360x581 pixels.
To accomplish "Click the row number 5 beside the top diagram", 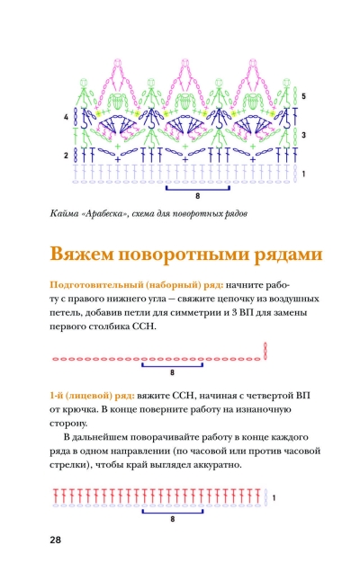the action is click(x=303, y=96).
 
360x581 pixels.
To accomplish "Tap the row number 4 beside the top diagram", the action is click(x=66, y=117).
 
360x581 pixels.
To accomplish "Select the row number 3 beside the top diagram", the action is click(x=303, y=135).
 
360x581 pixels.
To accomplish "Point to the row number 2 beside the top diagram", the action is click(x=66, y=156).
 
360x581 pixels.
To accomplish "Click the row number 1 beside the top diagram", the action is click(x=303, y=174).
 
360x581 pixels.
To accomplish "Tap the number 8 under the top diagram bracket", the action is click(x=198, y=196).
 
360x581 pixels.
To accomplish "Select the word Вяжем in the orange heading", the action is click(x=81, y=255).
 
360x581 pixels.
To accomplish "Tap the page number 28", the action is click(x=55, y=540).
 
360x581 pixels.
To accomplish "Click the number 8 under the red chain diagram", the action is click(x=172, y=372).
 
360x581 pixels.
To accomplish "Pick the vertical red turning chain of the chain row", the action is click(x=265, y=351).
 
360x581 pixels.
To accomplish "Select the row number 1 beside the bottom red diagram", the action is click(x=274, y=498).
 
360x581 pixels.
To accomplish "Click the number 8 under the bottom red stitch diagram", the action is click(x=173, y=519).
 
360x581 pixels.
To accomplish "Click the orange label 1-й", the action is click(x=57, y=396).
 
